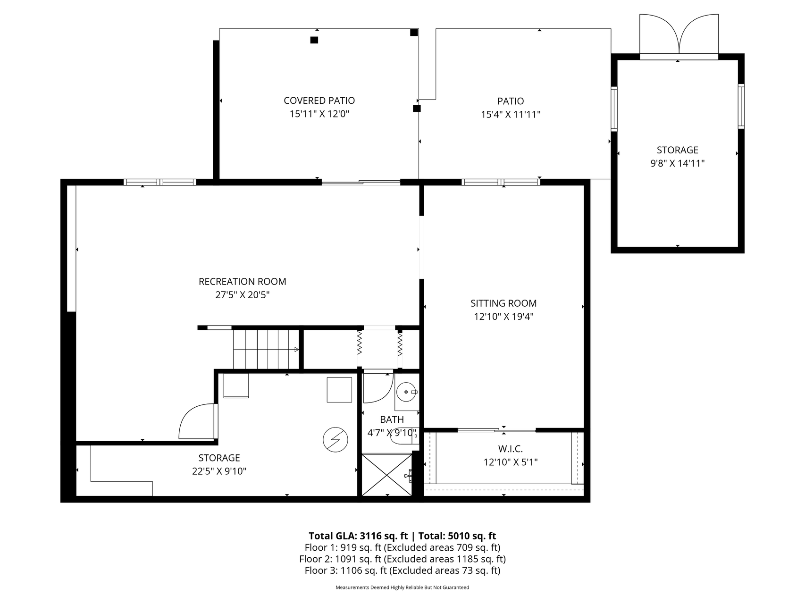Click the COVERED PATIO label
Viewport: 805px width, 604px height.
[x=319, y=101]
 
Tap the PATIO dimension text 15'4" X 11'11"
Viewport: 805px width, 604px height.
[x=511, y=114]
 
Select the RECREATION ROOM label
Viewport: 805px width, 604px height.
[x=243, y=282]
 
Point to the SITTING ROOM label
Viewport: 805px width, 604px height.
[x=503, y=303]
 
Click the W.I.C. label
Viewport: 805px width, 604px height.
[x=511, y=449]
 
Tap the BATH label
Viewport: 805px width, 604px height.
[x=392, y=419]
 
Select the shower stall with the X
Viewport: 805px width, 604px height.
[x=386, y=474]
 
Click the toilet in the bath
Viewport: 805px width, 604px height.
[x=404, y=436]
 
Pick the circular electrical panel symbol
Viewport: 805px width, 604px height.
[x=335, y=440]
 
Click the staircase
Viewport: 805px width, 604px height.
[x=267, y=349]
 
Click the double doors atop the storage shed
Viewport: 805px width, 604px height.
[x=679, y=34]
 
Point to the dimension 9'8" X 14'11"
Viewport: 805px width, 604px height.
[x=678, y=163]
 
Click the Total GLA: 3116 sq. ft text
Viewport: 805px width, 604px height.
[x=358, y=536]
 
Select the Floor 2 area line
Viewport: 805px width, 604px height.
[x=402, y=559]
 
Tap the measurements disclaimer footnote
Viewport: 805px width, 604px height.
[x=402, y=587]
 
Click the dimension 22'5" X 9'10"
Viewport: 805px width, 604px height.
[x=219, y=471]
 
